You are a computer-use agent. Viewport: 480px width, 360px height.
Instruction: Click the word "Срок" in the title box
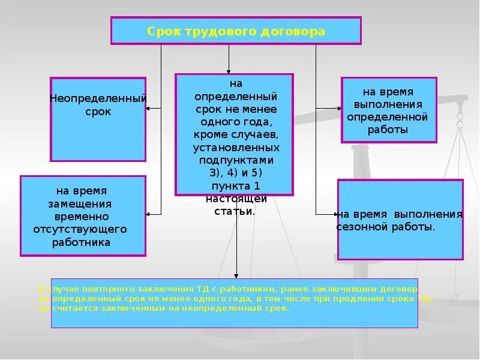tap(160, 31)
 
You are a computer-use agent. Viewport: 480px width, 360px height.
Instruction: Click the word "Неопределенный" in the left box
tap(98, 98)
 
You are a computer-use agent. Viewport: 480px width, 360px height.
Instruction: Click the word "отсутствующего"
tap(81, 229)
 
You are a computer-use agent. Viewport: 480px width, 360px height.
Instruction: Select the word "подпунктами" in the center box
tap(236, 160)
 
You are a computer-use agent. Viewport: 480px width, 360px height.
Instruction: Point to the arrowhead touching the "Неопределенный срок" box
tap(149, 108)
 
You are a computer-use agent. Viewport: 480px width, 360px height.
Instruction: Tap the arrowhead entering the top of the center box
tap(229, 71)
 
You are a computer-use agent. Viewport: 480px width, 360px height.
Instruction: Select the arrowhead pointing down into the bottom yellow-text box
tap(236, 275)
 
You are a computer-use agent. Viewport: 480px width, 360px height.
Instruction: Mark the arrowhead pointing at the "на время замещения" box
tap(149, 214)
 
